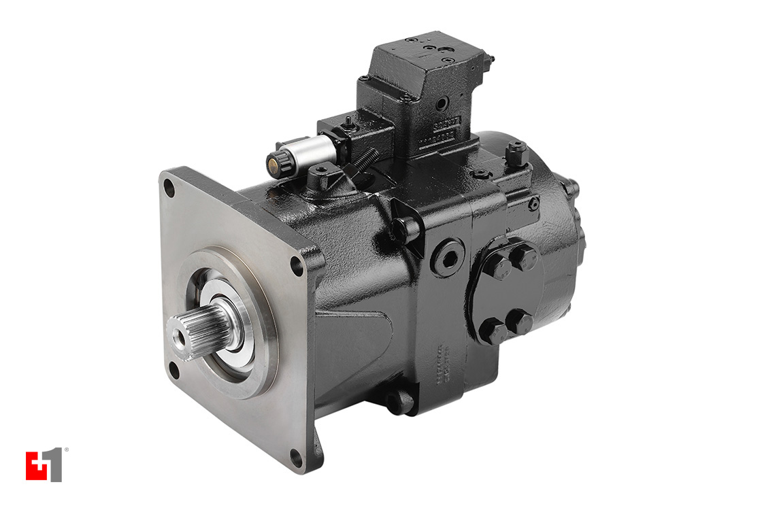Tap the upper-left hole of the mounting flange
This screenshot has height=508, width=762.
coord(169,190)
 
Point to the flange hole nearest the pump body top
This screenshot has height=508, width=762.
coord(297,266)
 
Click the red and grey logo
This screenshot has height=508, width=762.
coord(44,465)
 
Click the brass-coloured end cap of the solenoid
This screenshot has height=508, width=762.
coord(275,164)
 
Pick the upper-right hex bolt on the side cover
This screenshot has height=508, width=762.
coord(524,257)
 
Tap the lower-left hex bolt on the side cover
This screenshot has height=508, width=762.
coord(492,331)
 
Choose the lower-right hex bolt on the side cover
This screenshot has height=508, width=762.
coord(520,322)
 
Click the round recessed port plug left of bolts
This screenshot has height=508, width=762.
coord(448,256)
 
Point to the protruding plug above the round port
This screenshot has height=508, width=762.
coord(407,230)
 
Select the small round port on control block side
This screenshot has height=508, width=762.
coord(442,104)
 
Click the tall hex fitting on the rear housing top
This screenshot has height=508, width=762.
coord(516,153)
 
